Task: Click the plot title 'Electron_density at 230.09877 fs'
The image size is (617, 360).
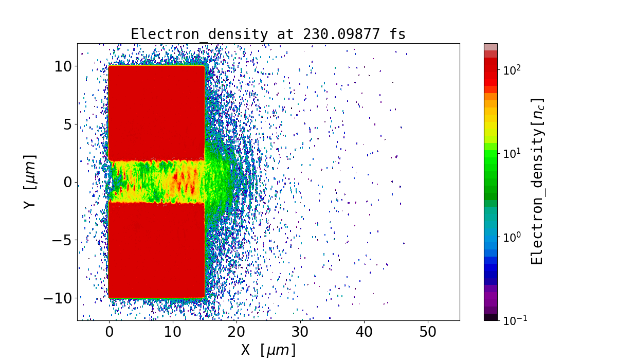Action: [x=268, y=34]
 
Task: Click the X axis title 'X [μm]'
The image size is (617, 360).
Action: [x=268, y=350]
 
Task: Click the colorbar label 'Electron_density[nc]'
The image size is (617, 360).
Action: [x=537, y=182]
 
